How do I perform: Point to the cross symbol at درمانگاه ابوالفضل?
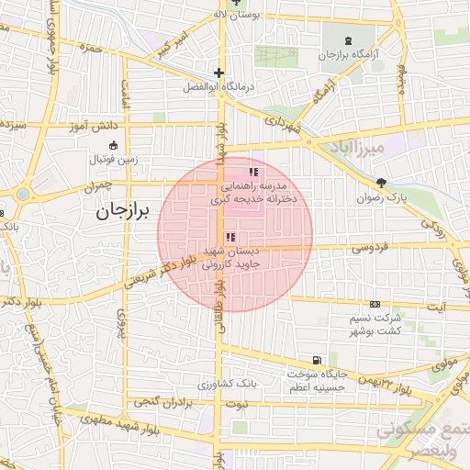click(x=218, y=73)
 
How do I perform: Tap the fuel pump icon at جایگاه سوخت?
click(x=317, y=360)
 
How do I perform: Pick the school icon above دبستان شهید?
click(x=229, y=237)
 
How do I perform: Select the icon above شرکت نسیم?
click(x=375, y=304)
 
